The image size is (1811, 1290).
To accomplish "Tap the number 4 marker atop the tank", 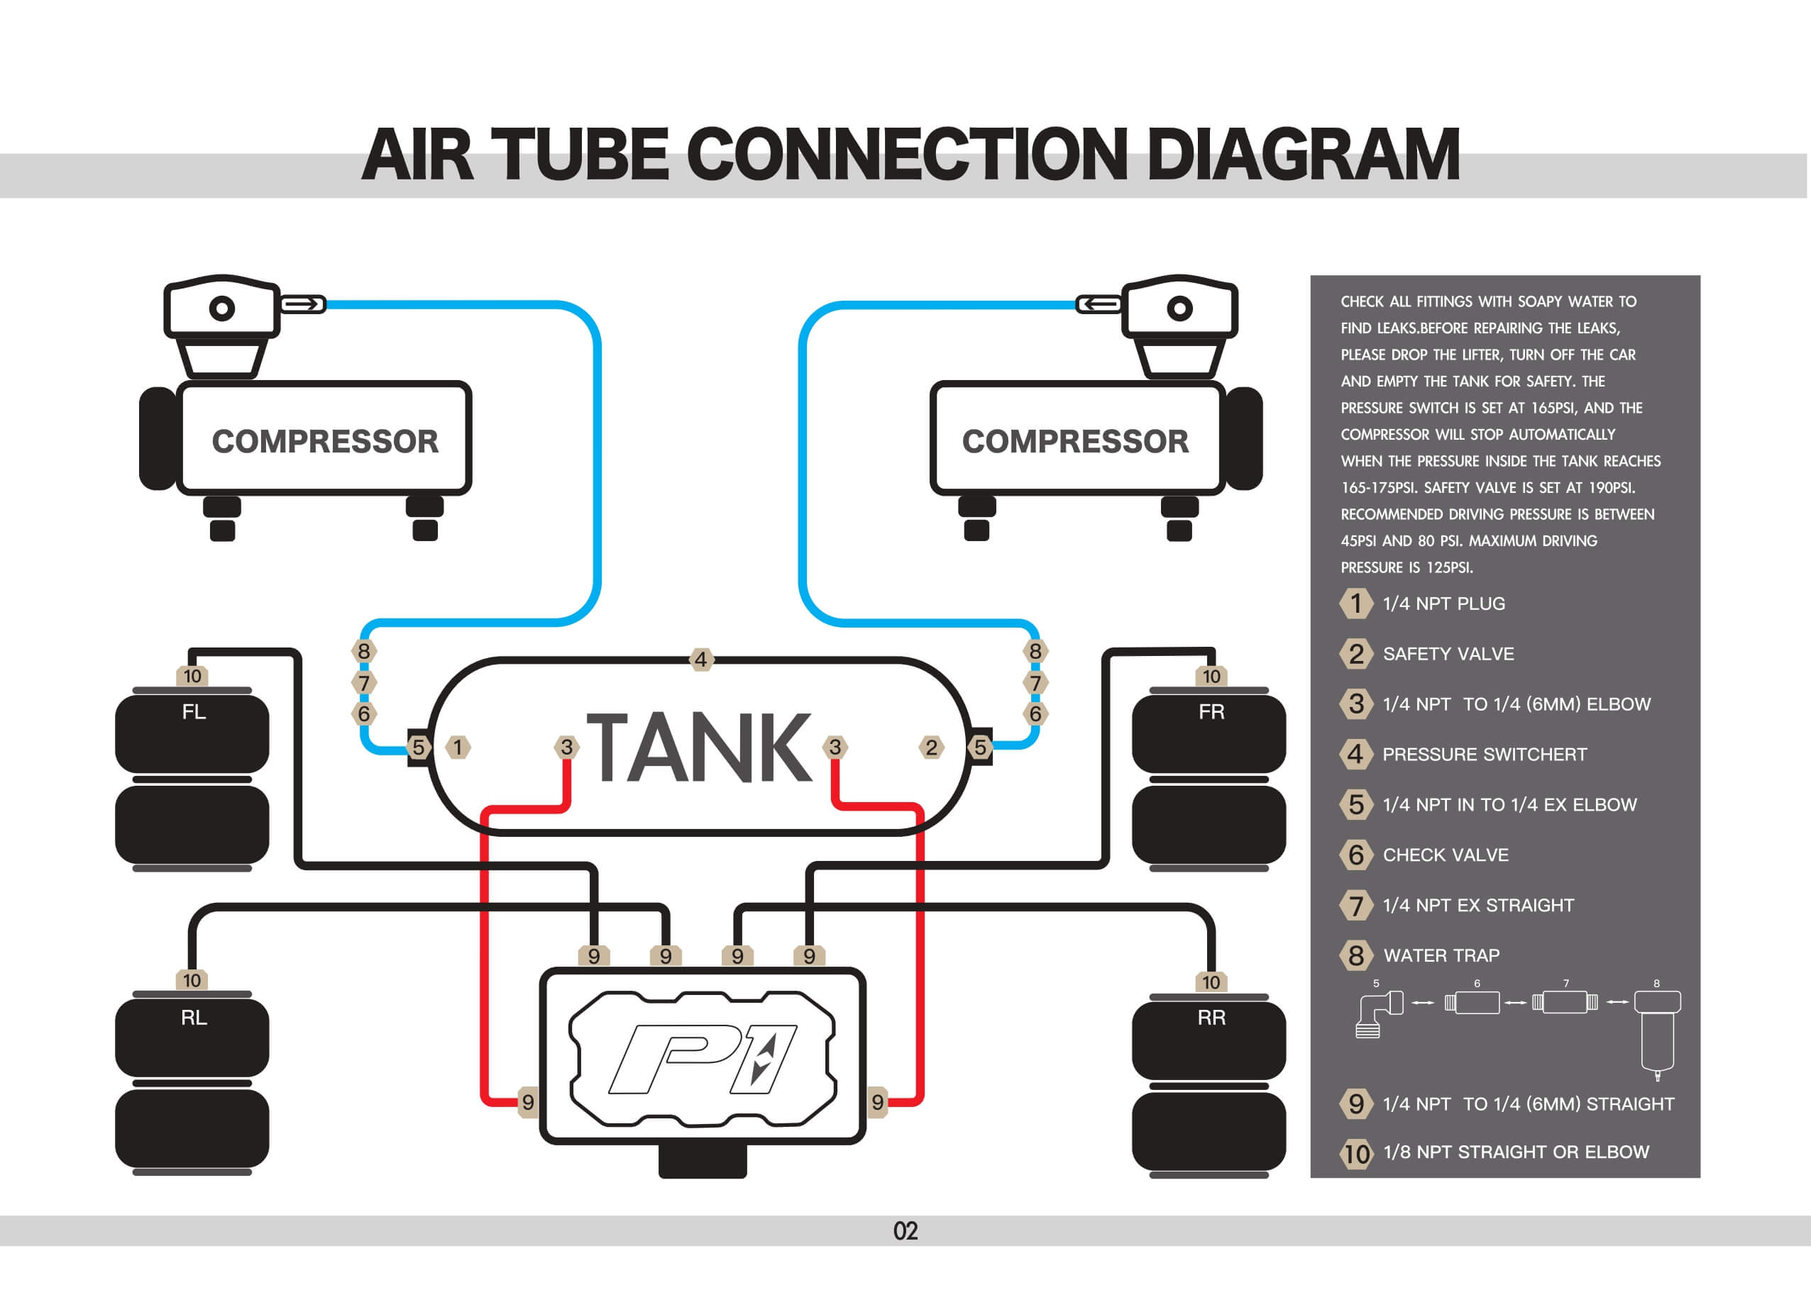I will (700, 660).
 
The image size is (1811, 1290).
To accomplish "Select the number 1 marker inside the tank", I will (458, 747).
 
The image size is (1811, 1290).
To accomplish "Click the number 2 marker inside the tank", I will (931, 747).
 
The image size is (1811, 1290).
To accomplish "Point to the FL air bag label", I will (194, 712).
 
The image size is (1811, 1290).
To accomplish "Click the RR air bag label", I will (1211, 1018).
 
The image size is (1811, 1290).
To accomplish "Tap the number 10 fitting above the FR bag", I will (1211, 676).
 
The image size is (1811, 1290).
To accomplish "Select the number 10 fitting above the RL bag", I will (192, 980).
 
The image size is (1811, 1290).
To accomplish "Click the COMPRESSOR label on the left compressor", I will (325, 442).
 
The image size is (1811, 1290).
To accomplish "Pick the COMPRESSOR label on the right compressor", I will (1075, 442).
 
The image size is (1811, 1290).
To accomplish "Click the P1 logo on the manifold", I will (703, 1059).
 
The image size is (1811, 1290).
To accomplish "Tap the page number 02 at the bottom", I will (905, 1231).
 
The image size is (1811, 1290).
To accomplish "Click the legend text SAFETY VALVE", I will (1448, 654).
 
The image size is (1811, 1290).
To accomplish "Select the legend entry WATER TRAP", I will (1441, 955).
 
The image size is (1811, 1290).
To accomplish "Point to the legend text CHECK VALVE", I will (1446, 855).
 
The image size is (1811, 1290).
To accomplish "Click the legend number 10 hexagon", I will (1356, 1153).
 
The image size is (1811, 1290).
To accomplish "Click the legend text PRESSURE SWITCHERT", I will (1485, 755).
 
